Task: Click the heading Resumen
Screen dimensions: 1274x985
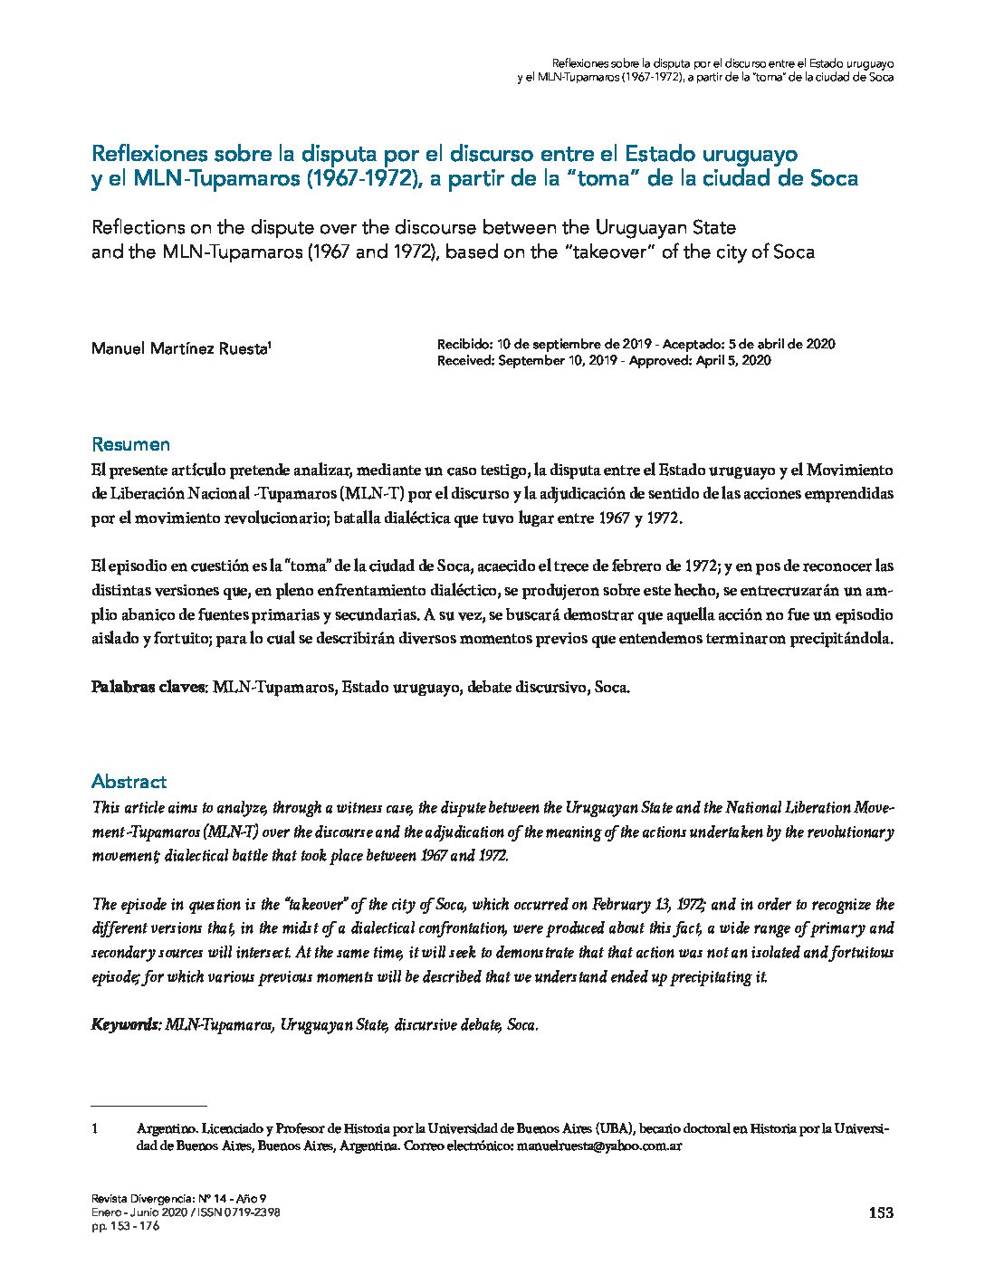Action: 130,444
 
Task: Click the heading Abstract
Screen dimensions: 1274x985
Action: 129,782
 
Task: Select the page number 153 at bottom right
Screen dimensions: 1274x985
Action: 880,1213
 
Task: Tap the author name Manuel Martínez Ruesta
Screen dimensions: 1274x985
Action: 179,348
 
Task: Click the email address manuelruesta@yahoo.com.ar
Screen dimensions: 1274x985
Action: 598,1146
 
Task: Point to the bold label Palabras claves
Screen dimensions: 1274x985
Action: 149,687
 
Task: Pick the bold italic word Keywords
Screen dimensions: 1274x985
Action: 126,1025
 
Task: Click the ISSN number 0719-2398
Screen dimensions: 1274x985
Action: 246,1212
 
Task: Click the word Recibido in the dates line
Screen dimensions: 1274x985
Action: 464,344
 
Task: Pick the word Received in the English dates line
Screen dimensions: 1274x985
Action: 466,360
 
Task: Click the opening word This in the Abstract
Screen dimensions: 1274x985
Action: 105,807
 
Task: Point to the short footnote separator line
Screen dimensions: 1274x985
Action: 149,1106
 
